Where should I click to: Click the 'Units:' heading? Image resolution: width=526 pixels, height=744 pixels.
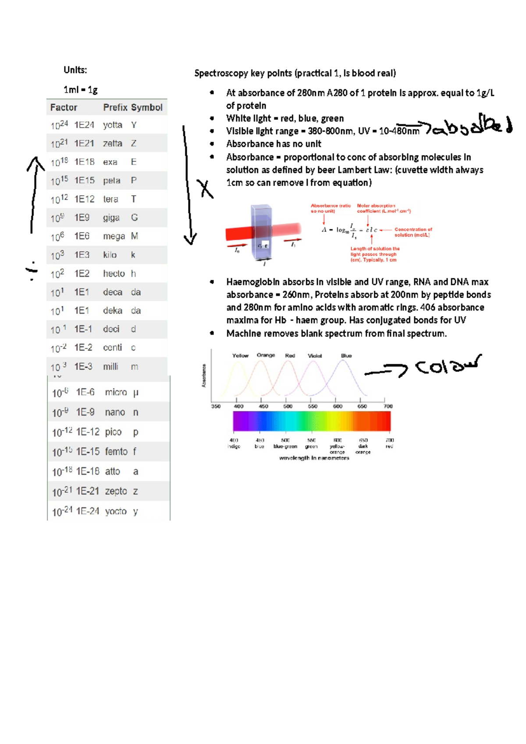(75, 70)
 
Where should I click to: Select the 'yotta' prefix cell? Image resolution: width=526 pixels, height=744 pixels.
(112, 125)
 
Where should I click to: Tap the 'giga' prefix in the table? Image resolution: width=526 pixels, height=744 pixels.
(111, 218)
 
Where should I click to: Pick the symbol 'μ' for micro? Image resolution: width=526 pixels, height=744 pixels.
(135, 393)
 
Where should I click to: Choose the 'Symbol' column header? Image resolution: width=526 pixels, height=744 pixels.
(146, 107)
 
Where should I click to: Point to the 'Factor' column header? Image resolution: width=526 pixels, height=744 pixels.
(64, 107)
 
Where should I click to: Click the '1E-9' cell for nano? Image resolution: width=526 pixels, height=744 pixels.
(85, 412)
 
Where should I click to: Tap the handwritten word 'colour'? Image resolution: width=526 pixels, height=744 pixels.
(447, 365)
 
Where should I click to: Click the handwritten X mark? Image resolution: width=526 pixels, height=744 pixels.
(205, 189)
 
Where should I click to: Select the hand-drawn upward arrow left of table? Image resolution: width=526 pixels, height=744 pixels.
(34, 193)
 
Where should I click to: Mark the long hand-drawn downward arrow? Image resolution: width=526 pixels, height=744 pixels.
(188, 184)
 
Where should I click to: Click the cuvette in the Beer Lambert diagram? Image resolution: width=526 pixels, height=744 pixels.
(262, 232)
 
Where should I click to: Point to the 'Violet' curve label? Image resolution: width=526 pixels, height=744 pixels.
(315, 356)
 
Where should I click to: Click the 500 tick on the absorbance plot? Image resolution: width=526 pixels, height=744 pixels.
(288, 406)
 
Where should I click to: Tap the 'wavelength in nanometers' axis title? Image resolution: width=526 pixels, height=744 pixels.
(314, 458)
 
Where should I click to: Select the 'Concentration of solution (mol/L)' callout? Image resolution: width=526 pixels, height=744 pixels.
(413, 232)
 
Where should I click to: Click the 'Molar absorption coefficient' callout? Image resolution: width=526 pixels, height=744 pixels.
(383, 208)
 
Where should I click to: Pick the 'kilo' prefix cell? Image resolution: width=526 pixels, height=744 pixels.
(110, 255)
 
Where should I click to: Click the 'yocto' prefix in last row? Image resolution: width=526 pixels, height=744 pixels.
(116, 511)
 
